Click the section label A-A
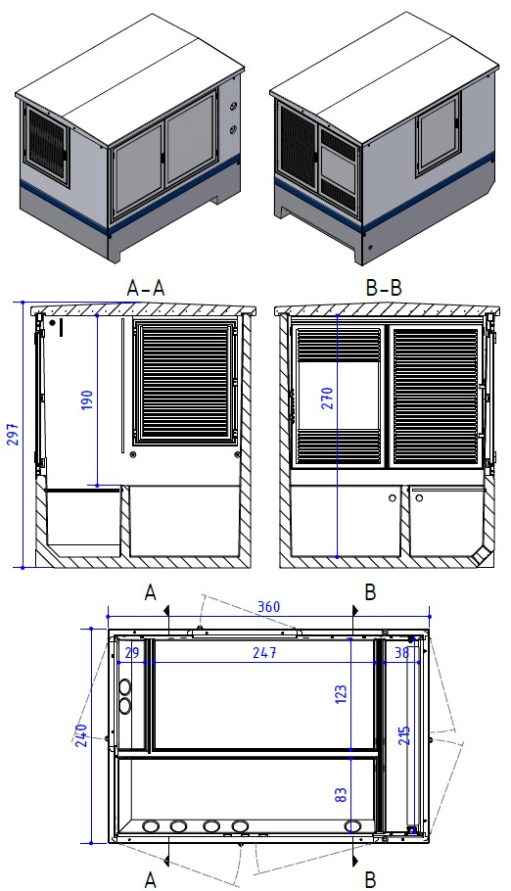pos(146,287)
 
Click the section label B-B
pos(383,287)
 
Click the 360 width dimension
pos(269,607)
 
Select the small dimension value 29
pos(132,652)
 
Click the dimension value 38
pos(401,652)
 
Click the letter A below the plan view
pos(151,879)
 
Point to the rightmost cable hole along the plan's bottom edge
pos(352,826)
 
